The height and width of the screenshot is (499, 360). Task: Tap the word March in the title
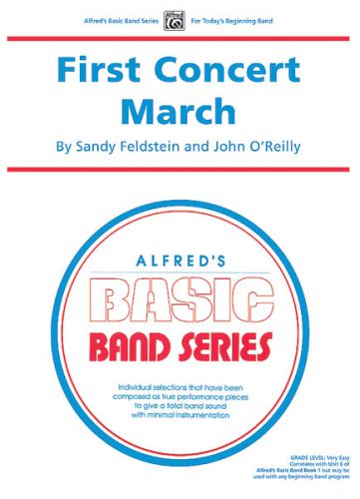tap(180, 109)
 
